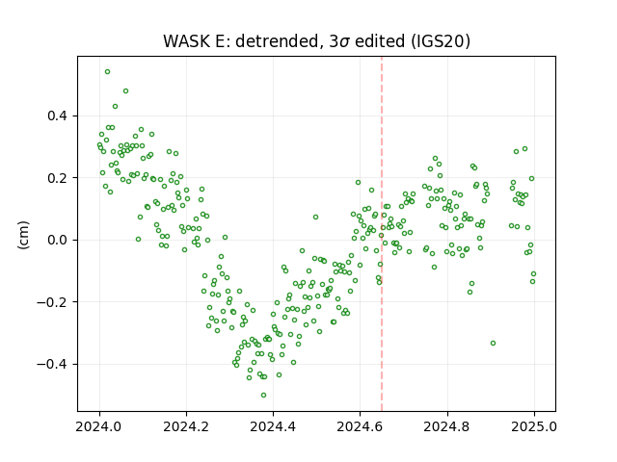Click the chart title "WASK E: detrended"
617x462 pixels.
point(241,41)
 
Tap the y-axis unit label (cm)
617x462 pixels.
point(23,235)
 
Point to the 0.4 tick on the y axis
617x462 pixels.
point(58,115)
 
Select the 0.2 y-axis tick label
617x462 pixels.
point(58,178)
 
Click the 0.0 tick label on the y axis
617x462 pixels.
point(58,240)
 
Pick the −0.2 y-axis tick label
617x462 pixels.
point(52,302)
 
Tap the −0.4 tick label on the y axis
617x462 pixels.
point(52,364)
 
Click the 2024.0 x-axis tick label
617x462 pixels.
point(99,426)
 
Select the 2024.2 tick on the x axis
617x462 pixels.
point(186,426)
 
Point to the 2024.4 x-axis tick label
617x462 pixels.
point(273,426)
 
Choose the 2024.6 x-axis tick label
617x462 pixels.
point(360,426)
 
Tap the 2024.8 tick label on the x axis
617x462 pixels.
point(447,426)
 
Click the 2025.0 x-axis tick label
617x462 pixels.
point(534,426)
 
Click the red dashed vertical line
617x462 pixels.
point(382,234)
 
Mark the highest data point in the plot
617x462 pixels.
point(107,72)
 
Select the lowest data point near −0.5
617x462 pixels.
point(263,396)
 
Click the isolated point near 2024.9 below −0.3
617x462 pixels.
point(493,344)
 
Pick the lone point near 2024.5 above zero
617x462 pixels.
point(315,218)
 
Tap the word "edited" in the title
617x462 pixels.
point(380,41)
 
